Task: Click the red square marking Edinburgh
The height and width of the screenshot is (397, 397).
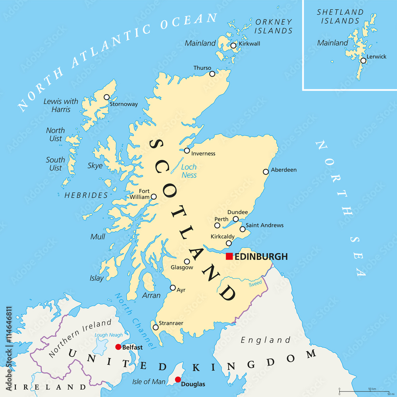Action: click(229, 256)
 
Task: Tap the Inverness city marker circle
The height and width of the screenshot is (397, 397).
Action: click(187, 150)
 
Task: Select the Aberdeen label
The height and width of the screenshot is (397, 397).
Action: click(283, 170)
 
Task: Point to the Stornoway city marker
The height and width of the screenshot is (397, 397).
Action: click(106, 97)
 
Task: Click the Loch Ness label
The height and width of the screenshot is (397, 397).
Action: click(189, 171)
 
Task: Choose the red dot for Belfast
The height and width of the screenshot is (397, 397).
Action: click(118, 347)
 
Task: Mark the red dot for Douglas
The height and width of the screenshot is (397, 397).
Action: click(178, 380)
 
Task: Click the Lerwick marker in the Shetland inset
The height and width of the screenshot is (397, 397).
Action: click(363, 60)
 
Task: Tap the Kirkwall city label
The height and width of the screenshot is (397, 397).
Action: click(249, 44)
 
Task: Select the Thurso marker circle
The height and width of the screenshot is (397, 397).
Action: click(212, 73)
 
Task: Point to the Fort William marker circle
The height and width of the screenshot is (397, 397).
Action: click(154, 197)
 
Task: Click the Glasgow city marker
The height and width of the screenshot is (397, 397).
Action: click(187, 261)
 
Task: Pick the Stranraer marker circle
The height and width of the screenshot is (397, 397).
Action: click(156, 328)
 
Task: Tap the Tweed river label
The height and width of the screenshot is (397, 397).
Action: click(255, 284)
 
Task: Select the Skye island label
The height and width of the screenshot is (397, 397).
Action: click(95, 166)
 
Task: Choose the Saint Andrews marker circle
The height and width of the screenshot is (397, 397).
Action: click(243, 229)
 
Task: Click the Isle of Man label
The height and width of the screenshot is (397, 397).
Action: click(148, 382)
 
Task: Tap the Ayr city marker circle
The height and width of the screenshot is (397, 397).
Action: click(173, 288)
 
